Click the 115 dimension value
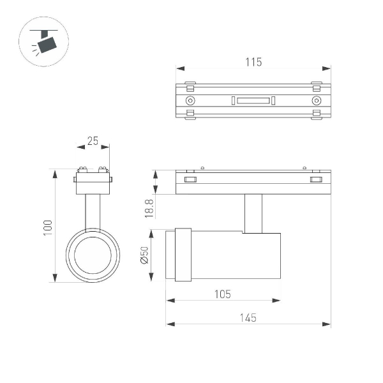(253, 62)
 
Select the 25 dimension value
(93, 141)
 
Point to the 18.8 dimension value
(149, 208)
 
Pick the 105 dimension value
(223, 294)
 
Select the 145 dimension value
(248, 318)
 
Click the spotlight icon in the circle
(45, 43)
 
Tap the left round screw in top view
(190, 101)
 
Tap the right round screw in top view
(315, 101)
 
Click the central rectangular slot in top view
(253, 100)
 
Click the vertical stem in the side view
(253, 213)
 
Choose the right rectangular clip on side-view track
(316, 181)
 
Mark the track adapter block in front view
(93, 184)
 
